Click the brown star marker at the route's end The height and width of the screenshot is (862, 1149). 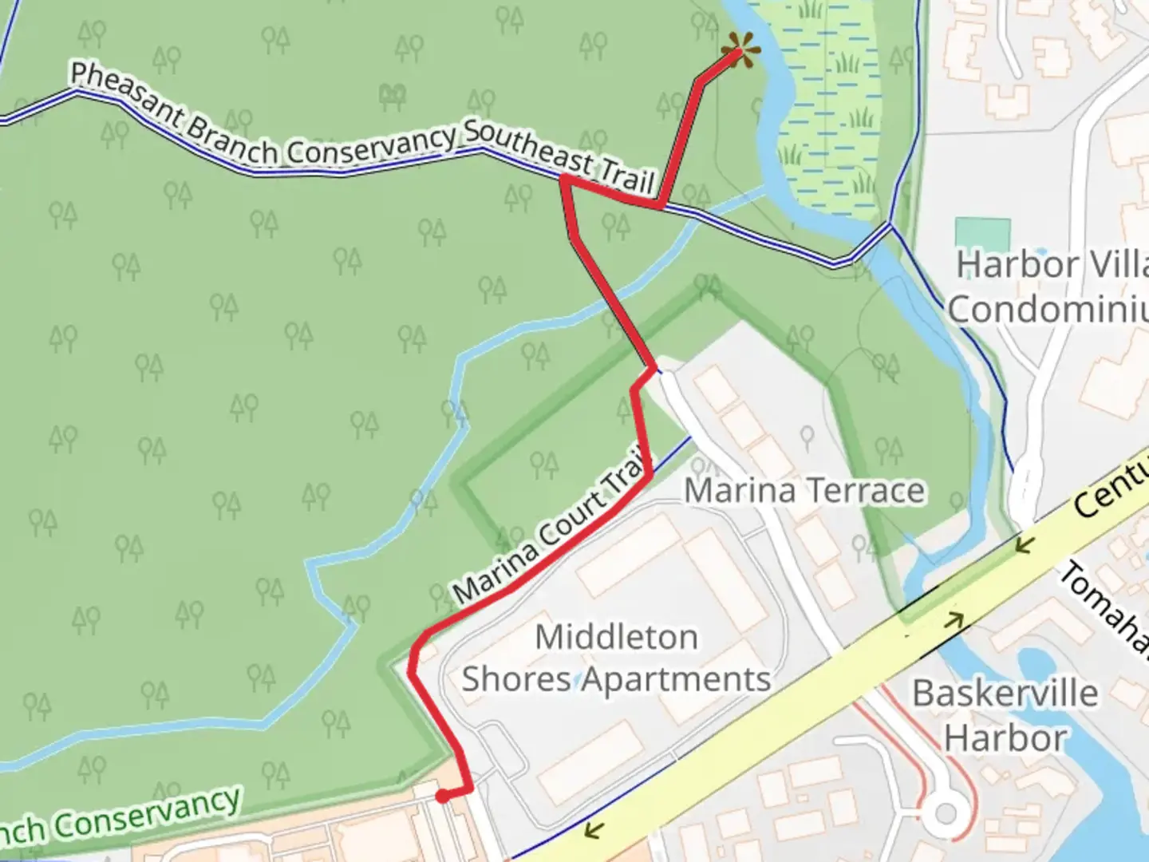pos(740,53)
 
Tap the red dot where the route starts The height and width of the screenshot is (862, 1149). pos(441,796)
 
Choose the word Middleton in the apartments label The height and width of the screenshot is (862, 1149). pos(616,638)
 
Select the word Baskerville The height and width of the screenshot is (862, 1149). pos(1005,694)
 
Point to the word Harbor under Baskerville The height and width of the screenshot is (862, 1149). pos(1005,738)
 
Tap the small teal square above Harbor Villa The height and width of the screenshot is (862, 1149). pos(982,233)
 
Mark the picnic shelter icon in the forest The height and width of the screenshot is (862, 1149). pos(391,97)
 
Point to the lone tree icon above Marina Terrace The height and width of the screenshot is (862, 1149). pos(807,436)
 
